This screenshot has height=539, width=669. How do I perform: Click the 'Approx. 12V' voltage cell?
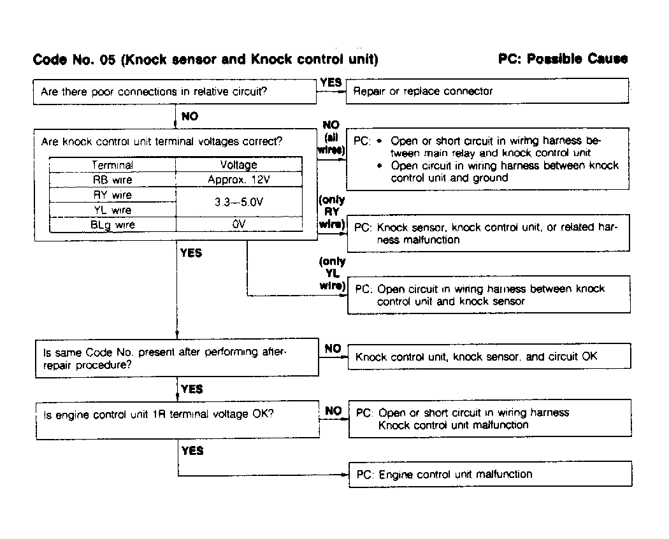(239, 180)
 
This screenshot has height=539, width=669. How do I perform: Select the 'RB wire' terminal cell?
(112, 180)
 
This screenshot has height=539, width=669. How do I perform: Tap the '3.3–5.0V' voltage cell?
(239, 203)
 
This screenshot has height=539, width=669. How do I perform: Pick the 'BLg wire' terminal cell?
(112, 225)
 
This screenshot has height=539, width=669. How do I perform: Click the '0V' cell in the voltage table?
(239, 225)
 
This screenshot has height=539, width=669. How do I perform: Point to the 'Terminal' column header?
(112, 165)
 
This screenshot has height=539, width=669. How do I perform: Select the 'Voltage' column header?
(239, 165)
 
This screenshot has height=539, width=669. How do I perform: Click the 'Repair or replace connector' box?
(487, 91)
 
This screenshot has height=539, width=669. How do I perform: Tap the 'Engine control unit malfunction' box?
(490, 474)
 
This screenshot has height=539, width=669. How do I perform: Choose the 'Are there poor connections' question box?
(175, 91)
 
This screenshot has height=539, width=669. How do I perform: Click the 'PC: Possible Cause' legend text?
(563, 59)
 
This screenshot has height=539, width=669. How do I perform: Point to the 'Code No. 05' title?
(205, 60)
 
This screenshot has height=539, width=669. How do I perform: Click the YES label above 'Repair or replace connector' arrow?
(331, 82)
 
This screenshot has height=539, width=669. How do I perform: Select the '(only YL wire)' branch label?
(332, 273)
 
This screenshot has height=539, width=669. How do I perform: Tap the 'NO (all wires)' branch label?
(331, 138)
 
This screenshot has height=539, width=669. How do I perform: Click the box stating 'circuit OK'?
(489, 357)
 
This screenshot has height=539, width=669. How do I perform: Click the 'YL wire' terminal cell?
(112, 210)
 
